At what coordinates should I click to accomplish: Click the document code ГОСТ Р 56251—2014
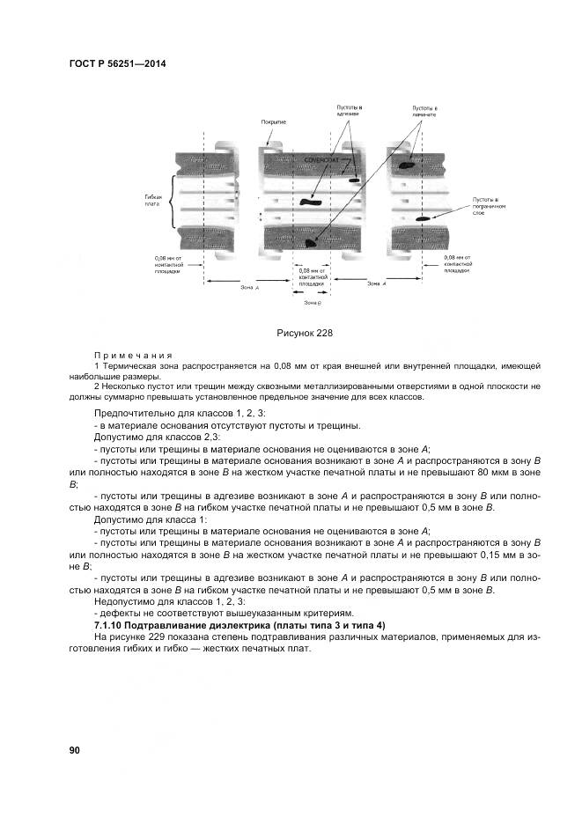point(117,65)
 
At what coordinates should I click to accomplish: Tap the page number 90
point(74,749)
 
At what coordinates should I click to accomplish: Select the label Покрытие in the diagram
point(274,121)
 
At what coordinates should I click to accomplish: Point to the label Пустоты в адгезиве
point(350,112)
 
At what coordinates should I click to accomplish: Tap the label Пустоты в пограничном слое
point(491,207)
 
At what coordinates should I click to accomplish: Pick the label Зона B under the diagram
point(313,302)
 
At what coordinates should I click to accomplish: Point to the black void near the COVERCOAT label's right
point(354,180)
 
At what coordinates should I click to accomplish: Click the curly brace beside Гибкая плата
point(176,200)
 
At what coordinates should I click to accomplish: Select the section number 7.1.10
point(110,624)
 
